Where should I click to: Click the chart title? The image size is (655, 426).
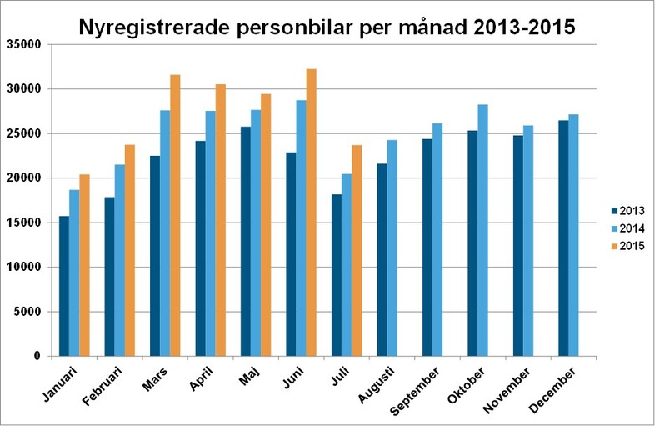pos(327,27)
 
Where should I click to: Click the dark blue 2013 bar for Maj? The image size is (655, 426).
pos(246,242)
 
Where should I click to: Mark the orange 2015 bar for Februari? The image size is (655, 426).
pos(129,250)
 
